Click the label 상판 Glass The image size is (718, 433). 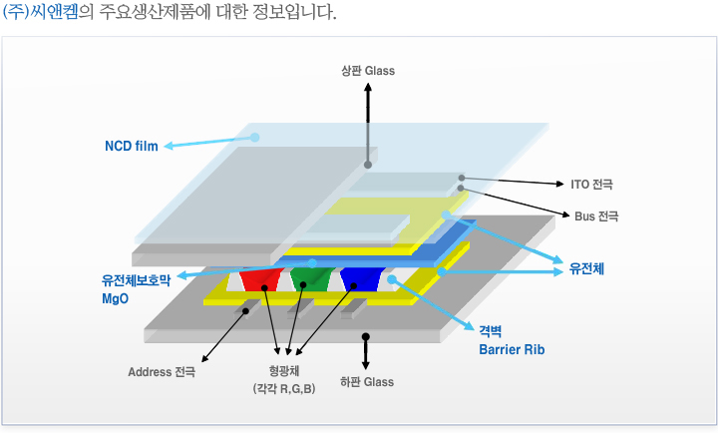(367, 71)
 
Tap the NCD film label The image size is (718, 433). (132, 147)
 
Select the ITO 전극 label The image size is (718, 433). (591, 185)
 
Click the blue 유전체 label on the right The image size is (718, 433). (587, 268)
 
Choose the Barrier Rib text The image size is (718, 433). (512, 350)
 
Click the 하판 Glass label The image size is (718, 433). (366, 381)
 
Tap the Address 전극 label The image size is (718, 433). (162, 372)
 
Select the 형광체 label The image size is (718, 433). (284, 372)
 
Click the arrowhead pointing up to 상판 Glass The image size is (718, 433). (367, 87)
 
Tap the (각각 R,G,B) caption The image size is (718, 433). (284, 389)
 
